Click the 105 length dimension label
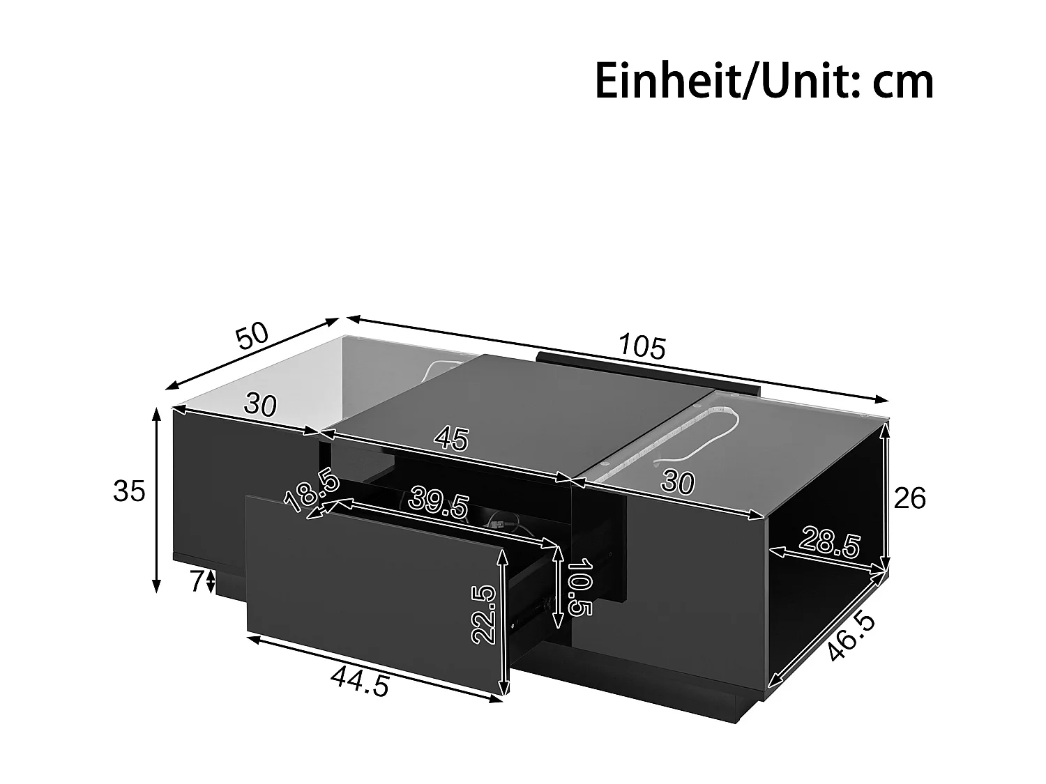click(x=643, y=346)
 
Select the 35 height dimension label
click(x=129, y=491)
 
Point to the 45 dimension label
click(x=451, y=438)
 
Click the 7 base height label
click(x=196, y=580)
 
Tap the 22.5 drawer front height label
click(x=483, y=614)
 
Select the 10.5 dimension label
click(x=579, y=587)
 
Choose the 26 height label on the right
click(x=909, y=498)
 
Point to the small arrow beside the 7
click(x=211, y=581)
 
